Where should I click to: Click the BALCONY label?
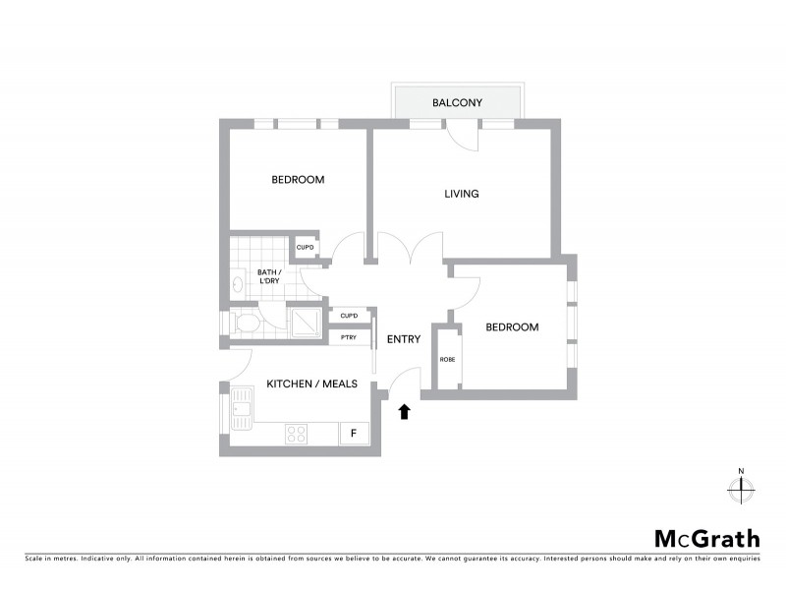[457, 102]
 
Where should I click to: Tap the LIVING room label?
[461, 194]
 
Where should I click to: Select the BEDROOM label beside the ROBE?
[512, 327]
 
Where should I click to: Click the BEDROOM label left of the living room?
[298, 180]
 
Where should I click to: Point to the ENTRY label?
[403, 339]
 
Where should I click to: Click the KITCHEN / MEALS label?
[311, 383]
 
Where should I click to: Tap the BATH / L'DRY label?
[269, 276]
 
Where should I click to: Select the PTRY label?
[348, 337]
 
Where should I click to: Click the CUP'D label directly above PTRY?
[348, 316]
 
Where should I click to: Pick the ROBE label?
[447, 360]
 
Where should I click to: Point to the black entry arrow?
[403, 411]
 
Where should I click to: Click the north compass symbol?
[741, 487]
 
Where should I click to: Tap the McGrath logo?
[707, 538]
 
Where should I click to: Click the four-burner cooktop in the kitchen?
[298, 433]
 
